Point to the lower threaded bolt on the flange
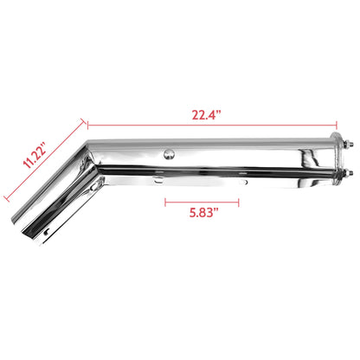[349, 179]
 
